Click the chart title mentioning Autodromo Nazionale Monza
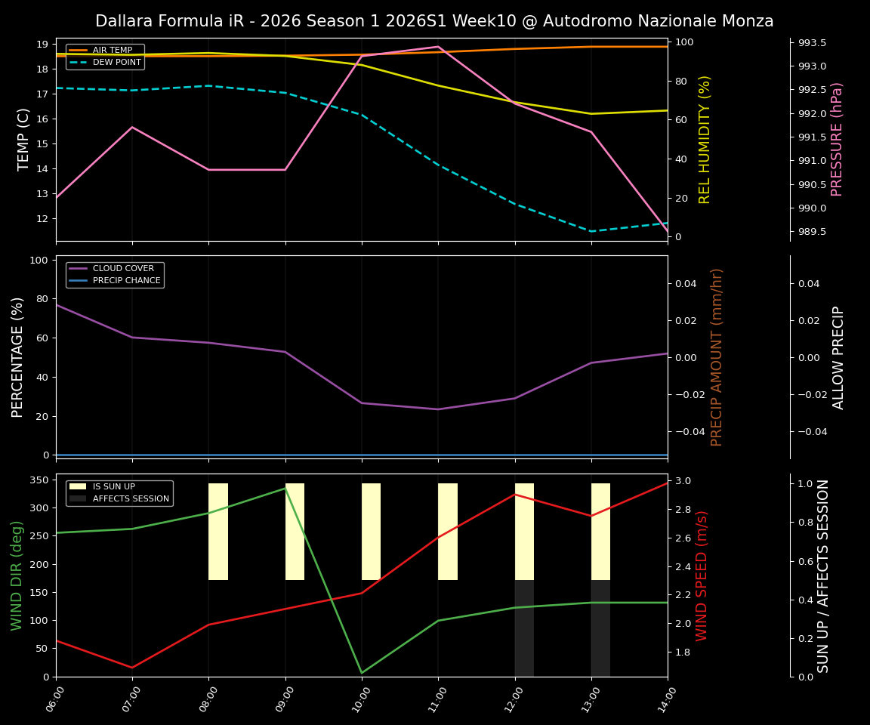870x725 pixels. click(x=434, y=21)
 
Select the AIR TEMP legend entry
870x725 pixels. click(x=112, y=51)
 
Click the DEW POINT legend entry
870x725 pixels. click(x=116, y=63)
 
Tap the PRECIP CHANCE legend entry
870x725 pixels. click(x=126, y=281)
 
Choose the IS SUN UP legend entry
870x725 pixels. click(x=113, y=487)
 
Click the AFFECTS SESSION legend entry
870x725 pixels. click(x=130, y=499)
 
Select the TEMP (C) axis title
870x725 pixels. click(x=24, y=139)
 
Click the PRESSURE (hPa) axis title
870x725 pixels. click(x=837, y=139)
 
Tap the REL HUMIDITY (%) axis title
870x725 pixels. click(x=705, y=139)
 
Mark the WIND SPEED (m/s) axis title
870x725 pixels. click(x=702, y=575)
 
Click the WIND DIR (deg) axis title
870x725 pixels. click(x=17, y=575)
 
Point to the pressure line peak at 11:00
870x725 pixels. click(x=438, y=47)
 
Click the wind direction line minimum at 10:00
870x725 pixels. click(x=362, y=673)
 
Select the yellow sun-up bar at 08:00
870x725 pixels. click(x=218, y=532)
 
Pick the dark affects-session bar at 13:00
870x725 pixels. click(x=600, y=628)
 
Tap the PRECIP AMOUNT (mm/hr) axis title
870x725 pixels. click(x=717, y=357)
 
